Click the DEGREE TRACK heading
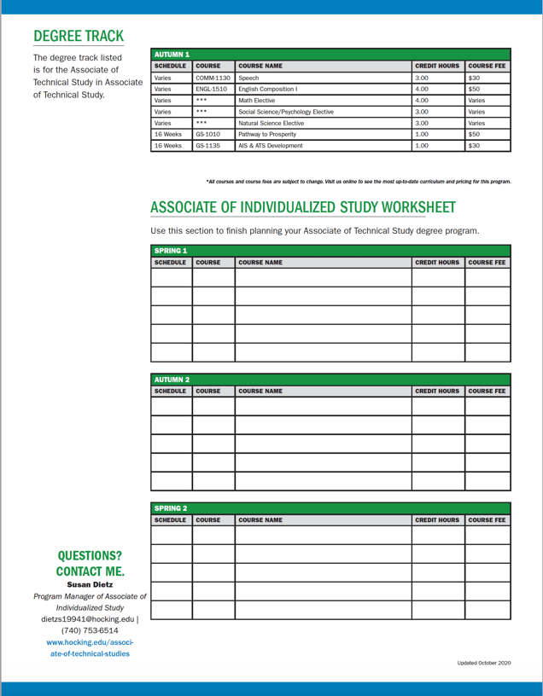pos(78,36)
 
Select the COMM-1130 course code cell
pos(213,78)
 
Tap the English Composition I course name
pos(268,89)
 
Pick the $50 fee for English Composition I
pos(475,89)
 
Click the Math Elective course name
pos(257,100)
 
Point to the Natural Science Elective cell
pos(271,123)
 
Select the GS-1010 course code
pos(208,134)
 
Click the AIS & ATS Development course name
pos(271,146)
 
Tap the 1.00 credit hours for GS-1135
pos(422,146)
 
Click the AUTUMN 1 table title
pos(172,54)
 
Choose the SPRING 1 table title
pos(171,251)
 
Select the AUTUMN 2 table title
pos(172,380)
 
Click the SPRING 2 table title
pos(171,508)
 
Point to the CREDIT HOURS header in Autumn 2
pos(437,391)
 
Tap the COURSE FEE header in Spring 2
pos(487,520)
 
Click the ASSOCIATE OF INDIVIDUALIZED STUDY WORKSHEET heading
pos(302,207)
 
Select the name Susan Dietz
pos(90,584)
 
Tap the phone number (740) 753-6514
pos(90,630)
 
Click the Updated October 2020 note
pos(484,663)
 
